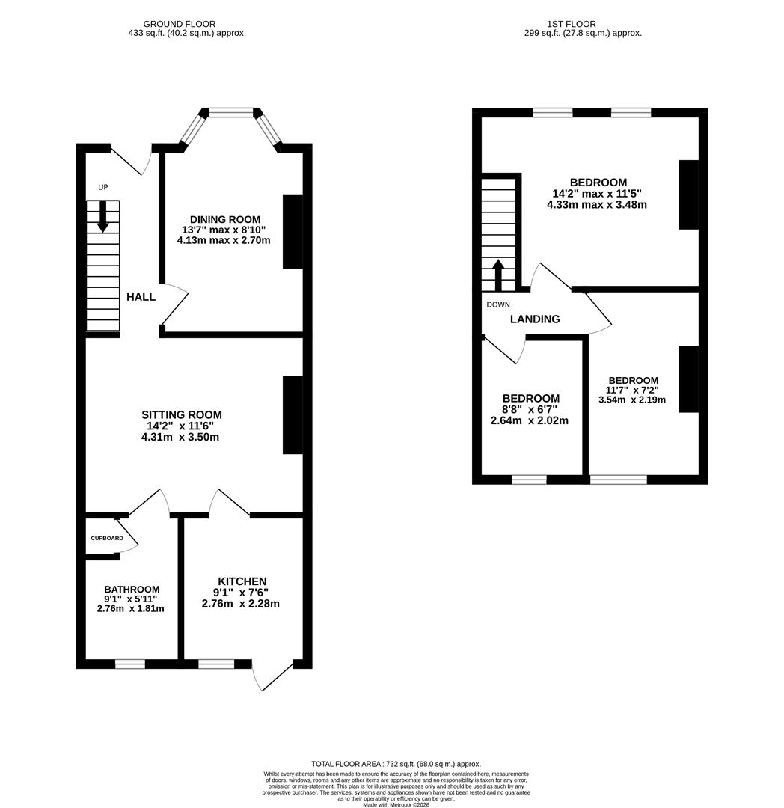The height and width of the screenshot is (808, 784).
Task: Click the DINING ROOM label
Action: [x=224, y=219]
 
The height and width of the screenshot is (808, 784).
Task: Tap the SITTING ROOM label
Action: [x=182, y=414]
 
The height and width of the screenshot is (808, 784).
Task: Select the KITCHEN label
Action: [x=242, y=581]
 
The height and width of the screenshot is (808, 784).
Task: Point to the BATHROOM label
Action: [x=132, y=590]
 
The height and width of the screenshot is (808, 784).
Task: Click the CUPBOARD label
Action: [x=107, y=538]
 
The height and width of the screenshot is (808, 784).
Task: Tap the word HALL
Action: [x=141, y=297]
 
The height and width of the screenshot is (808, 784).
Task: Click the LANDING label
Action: [x=535, y=319]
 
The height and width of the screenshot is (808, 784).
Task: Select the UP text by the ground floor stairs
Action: [x=102, y=187]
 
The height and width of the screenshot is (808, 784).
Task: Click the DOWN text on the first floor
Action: [x=498, y=304]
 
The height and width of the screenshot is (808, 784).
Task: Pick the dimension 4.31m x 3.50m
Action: [x=180, y=437]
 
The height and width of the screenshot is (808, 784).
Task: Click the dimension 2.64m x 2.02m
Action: [x=530, y=420]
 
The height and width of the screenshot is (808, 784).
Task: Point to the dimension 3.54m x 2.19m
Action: [x=632, y=400]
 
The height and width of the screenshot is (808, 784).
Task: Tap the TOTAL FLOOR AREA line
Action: [x=396, y=764]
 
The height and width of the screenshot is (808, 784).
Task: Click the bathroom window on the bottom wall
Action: [x=129, y=664]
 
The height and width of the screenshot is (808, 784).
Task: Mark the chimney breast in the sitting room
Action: [x=293, y=415]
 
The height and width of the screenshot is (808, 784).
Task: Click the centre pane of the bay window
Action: [x=230, y=112]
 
